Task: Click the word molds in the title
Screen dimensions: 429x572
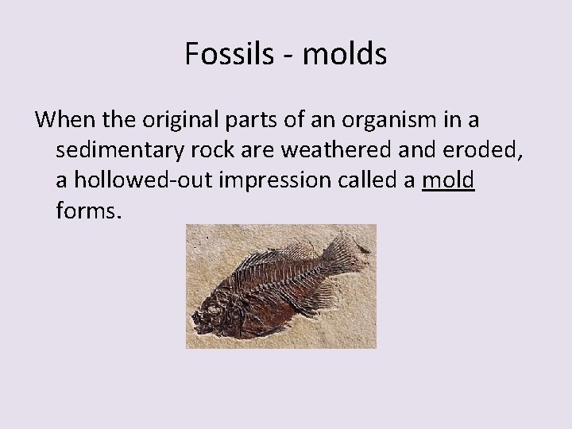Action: [344, 54]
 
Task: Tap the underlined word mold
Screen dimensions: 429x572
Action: [449, 181]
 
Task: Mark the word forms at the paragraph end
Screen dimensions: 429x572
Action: [88, 211]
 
